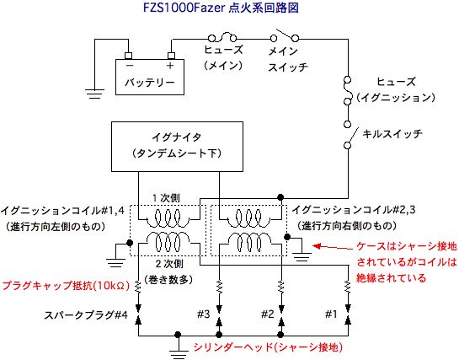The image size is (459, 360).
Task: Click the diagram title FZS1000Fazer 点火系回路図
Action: point(221,8)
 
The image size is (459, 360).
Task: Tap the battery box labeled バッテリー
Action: point(150,77)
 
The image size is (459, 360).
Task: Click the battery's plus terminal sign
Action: point(170,66)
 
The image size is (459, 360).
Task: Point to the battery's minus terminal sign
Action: point(130,65)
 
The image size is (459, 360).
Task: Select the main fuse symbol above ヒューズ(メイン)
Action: point(222,38)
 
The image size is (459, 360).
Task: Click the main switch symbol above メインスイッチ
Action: point(284,36)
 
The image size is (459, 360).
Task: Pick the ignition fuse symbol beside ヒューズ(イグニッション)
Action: point(348,90)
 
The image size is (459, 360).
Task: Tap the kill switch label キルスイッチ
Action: point(392,134)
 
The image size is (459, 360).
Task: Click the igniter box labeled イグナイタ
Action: point(177,147)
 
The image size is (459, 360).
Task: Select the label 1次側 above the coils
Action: point(166,198)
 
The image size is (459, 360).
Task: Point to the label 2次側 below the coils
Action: point(169,264)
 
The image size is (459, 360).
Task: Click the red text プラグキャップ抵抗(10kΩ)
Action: point(66,286)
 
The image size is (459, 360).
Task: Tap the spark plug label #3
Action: point(204,314)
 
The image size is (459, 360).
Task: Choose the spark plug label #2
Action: point(268,314)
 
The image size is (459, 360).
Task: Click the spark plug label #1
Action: point(331,314)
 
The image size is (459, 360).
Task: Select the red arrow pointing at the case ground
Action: point(333,248)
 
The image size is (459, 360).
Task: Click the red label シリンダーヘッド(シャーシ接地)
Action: point(268,347)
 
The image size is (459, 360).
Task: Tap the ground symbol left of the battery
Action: point(94,94)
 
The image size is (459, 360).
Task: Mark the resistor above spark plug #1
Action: point(348,287)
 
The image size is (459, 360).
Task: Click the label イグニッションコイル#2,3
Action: point(354,210)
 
